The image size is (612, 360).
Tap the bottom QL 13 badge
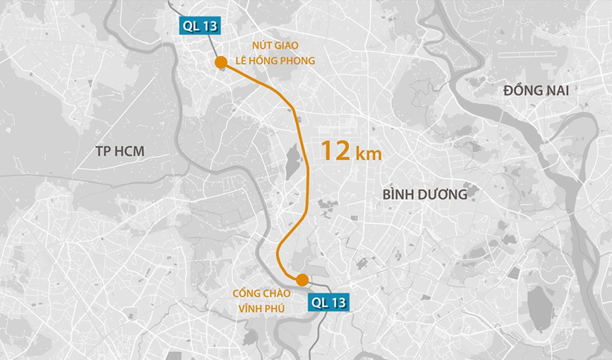coord(329,302)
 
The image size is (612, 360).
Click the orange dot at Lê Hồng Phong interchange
coord(220,62)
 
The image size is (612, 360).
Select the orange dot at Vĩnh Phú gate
coord(302,280)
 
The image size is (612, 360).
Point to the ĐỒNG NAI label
coord(536,90)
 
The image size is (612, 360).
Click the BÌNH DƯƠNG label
coord(425,194)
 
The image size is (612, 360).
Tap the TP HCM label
coord(120,152)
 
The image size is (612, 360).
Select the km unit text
coord(369,154)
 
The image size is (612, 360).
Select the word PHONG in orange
coord(298,61)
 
